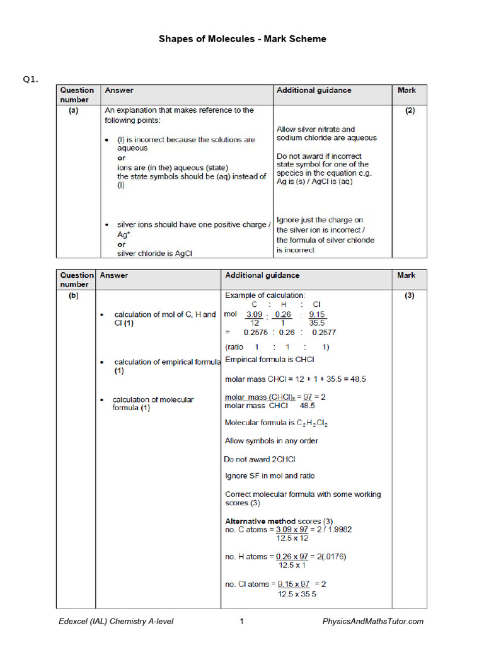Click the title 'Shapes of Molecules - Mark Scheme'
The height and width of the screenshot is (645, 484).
pyautogui.click(x=242, y=39)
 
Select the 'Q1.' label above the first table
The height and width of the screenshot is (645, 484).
pyautogui.click(x=31, y=79)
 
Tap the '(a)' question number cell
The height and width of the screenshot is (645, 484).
pyautogui.click(x=74, y=110)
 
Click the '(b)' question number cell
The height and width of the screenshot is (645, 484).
pyautogui.click(x=74, y=295)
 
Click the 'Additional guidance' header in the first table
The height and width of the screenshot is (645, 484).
pyautogui.click(x=314, y=91)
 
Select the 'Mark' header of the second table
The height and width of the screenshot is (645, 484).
pyautogui.click(x=406, y=276)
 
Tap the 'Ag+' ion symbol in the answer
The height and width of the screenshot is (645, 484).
pyautogui.click(x=124, y=234)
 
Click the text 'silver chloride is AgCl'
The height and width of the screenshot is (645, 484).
pyautogui.click(x=154, y=254)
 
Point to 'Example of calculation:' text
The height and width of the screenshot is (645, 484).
pyautogui.click(x=265, y=295)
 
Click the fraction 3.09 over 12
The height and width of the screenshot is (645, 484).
pyautogui.click(x=254, y=318)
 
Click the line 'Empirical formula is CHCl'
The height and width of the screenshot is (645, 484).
pyautogui.click(x=270, y=360)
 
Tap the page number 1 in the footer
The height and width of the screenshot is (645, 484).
pyautogui.click(x=241, y=622)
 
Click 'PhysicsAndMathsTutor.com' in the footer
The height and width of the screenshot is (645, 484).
pyautogui.click(x=373, y=622)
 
